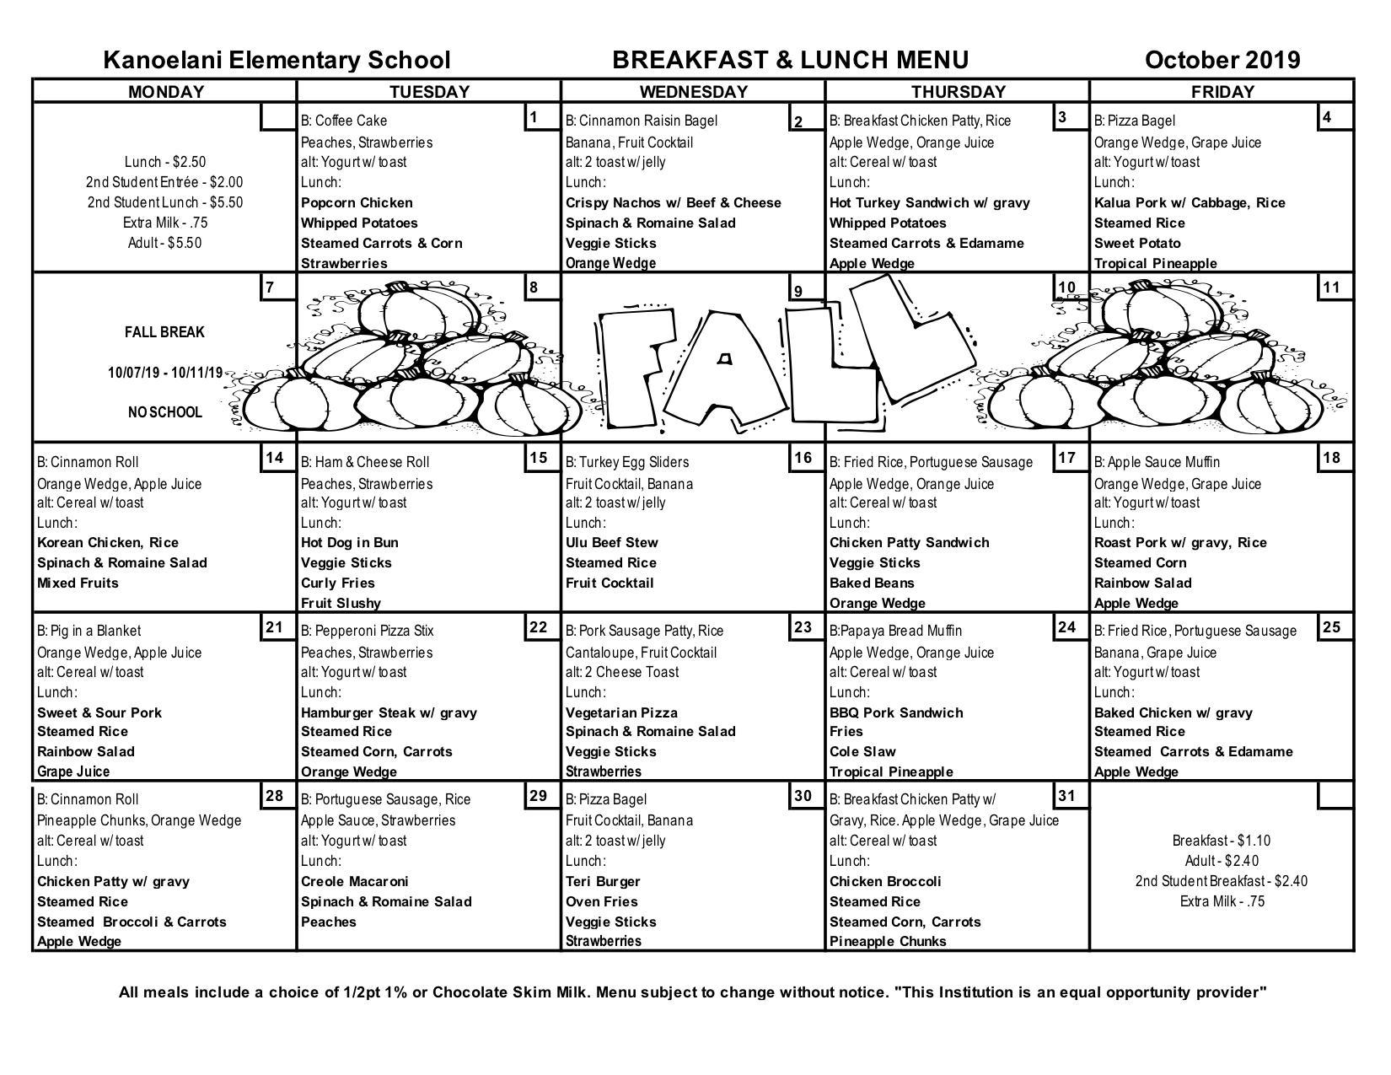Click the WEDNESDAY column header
click(x=693, y=91)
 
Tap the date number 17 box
click(x=1066, y=458)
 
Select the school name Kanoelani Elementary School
click(x=277, y=60)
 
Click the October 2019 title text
click(x=1222, y=60)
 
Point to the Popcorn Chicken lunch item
click(x=357, y=202)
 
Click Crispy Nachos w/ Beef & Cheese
click(x=673, y=202)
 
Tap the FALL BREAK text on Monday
click(x=164, y=332)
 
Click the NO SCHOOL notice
click(x=164, y=412)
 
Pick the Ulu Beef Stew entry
click(x=611, y=542)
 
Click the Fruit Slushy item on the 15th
click(x=341, y=603)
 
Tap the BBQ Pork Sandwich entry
click(x=895, y=712)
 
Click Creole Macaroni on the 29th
click(x=354, y=881)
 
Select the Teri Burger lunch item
click(x=603, y=881)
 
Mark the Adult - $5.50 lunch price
click(x=164, y=243)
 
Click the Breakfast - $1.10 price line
click(x=1221, y=841)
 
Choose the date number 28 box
click(x=274, y=795)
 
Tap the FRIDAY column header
click(x=1222, y=91)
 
